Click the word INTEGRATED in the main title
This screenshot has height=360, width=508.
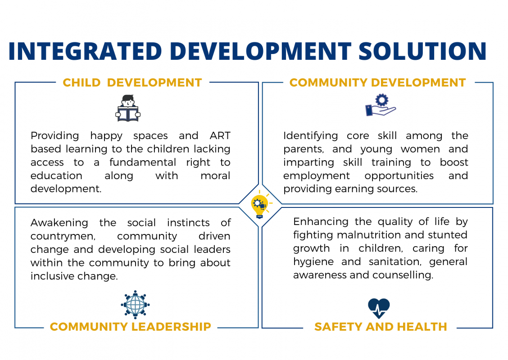point(85,51)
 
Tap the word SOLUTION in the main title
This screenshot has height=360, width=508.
point(422,51)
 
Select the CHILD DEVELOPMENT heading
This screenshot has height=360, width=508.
point(132,82)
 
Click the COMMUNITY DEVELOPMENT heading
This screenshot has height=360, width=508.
point(377,82)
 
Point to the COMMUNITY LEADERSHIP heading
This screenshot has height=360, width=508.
point(131,327)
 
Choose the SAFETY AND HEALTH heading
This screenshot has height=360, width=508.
point(381,327)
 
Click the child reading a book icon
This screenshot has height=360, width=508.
point(128,108)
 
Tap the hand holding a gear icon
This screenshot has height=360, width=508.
point(381,105)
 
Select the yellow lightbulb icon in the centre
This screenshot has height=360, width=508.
point(260,205)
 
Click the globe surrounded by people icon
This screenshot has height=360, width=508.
point(135,305)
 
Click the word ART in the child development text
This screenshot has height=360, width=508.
point(220,135)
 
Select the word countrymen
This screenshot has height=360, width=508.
point(63,236)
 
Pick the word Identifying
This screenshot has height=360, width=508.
point(310,135)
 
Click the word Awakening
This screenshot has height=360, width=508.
point(59,223)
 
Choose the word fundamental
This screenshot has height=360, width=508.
point(143,162)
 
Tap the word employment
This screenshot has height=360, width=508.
point(317,176)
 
